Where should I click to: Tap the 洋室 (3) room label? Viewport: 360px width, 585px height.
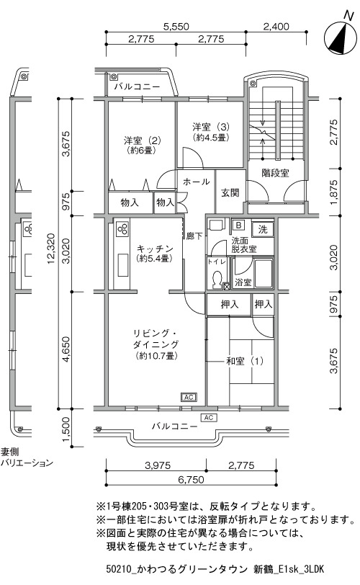tap(211, 131)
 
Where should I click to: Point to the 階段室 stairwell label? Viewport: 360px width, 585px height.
tap(275, 173)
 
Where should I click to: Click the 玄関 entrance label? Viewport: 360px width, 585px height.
tap(230, 192)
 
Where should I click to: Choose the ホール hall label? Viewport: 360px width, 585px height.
tap(196, 182)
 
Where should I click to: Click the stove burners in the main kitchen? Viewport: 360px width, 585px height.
tap(122, 228)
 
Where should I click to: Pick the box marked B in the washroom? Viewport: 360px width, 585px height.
tap(238, 225)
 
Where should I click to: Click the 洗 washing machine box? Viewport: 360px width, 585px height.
tap(263, 228)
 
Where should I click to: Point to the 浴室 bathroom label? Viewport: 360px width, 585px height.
tap(243, 282)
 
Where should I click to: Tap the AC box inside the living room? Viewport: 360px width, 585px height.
tap(189, 398)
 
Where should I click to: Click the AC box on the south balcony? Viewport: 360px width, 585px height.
tap(208, 417)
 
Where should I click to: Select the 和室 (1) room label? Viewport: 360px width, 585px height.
tap(245, 361)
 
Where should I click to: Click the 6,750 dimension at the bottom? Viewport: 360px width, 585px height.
tap(192, 478)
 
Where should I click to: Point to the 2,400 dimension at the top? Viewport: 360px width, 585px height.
tap(276, 27)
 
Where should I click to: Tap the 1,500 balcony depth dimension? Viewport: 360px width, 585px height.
tap(66, 428)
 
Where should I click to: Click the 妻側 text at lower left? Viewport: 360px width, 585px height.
tap(9, 452)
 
